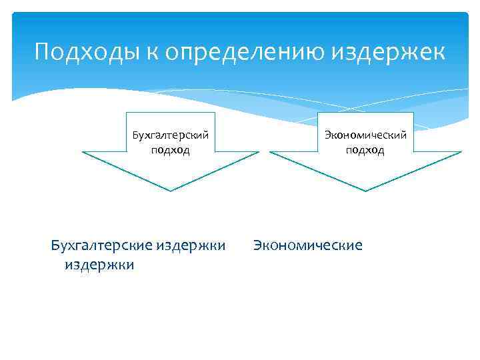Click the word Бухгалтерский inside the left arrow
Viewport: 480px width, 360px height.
coord(170,135)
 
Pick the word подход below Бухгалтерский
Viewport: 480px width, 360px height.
coord(170,150)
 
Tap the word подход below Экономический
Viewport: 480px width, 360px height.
coord(365,150)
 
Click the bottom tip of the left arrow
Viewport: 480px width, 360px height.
coord(170,191)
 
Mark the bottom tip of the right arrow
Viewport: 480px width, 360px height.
coord(365,191)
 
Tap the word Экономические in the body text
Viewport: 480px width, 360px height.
coord(308,246)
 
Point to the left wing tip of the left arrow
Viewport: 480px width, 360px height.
coord(83,153)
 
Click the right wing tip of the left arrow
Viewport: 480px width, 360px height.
coord(258,153)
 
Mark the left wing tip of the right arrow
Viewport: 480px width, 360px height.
coord(270,153)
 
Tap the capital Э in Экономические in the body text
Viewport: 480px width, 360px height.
coord(257,246)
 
